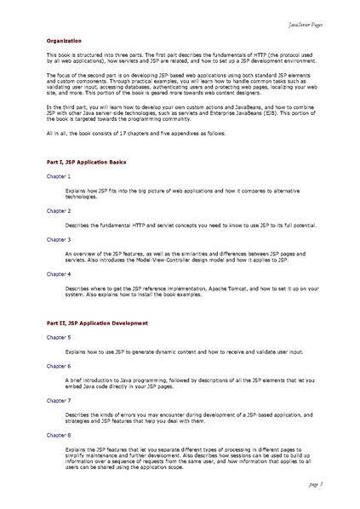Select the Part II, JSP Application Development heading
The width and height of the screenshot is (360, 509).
click(x=92, y=324)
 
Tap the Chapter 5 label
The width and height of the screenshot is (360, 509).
click(x=59, y=338)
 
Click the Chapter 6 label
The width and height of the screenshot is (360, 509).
click(x=59, y=365)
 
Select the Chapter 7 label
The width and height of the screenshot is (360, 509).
click(x=59, y=399)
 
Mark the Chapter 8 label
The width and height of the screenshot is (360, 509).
click(x=59, y=434)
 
